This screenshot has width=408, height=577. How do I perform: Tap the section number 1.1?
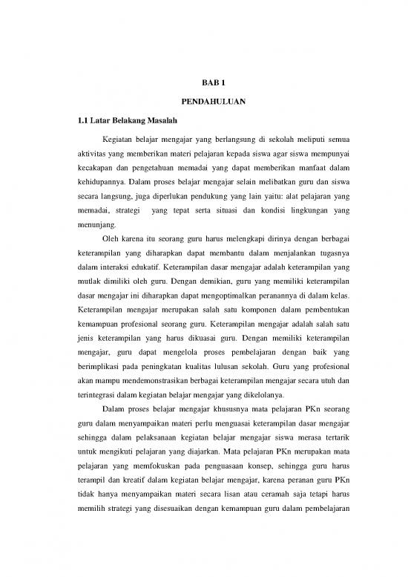pos(74,120)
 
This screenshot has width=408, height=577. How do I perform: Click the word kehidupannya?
pos(95,186)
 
